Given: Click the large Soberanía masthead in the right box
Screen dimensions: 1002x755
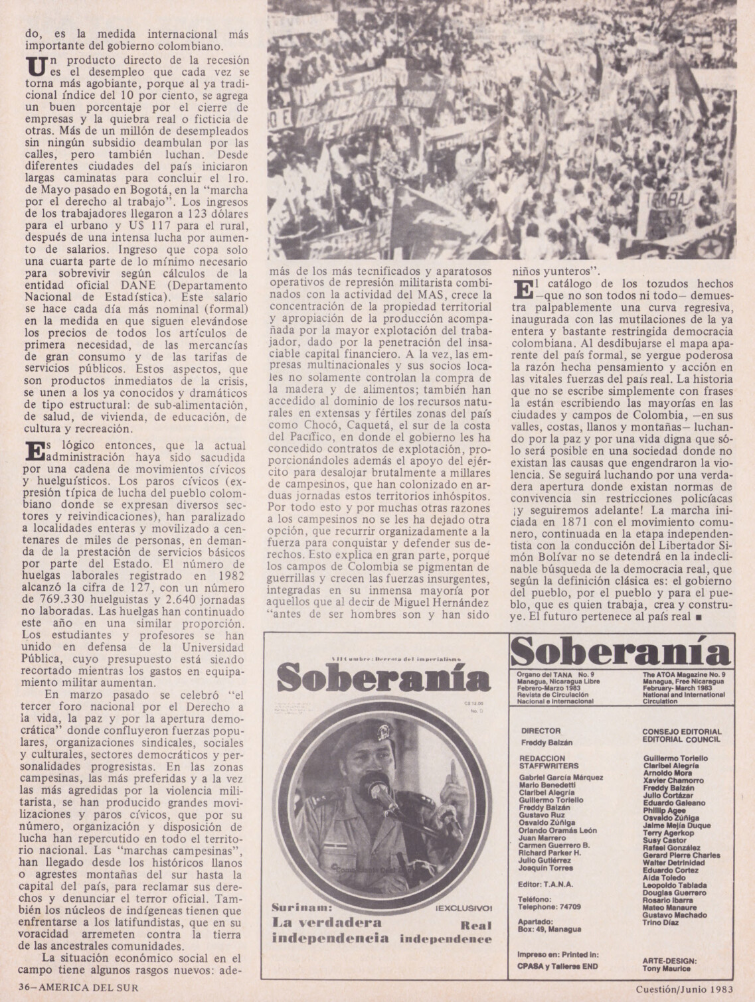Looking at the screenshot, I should [622, 652].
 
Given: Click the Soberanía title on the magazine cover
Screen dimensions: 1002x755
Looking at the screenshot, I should [383, 678].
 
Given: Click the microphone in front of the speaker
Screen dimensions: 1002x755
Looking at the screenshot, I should [379, 791].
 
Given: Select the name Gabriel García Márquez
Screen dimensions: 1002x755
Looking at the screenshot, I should [561, 777].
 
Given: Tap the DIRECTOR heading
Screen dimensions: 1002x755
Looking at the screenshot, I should [541, 731].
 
